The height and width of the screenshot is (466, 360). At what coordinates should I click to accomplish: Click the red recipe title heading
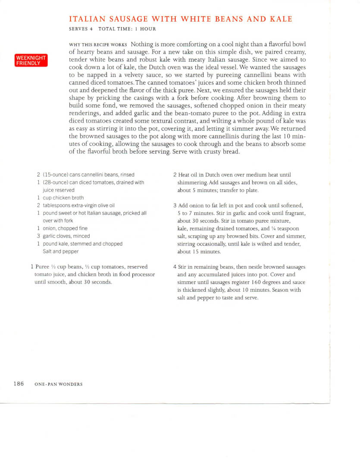pyautogui.click(x=180, y=19)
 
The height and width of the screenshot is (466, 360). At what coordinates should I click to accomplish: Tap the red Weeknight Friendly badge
pyautogui.click(x=31, y=60)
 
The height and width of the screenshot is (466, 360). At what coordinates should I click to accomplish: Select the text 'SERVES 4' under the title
pyautogui.click(x=81, y=29)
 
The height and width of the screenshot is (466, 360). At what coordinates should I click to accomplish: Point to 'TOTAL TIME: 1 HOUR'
pyautogui.click(x=127, y=29)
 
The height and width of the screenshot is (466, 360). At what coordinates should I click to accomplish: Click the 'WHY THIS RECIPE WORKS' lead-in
pyautogui.click(x=98, y=44)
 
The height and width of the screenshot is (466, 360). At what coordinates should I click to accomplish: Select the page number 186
pyautogui.click(x=19, y=384)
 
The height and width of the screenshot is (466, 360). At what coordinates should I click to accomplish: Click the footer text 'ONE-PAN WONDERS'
pyautogui.click(x=58, y=384)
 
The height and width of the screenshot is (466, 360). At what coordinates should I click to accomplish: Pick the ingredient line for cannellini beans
pyautogui.click(x=86, y=175)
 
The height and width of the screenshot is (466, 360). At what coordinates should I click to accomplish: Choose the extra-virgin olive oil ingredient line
pyautogui.click(x=76, y=205)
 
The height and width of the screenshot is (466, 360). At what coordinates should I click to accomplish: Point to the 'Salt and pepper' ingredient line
pyautogui.click(x=61, y=252)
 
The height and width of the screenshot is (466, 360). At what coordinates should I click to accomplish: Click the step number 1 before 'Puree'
pyautogui.click(x=33, y=267)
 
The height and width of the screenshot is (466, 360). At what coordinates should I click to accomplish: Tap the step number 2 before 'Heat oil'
pyautogui.click(x=175, y=175)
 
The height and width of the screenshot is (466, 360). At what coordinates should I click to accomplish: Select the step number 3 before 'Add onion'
pyautogui.click(x=175, y=205)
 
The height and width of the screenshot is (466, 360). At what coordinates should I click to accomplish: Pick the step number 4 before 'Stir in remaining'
pyautogui.click(x=175, y=267)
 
